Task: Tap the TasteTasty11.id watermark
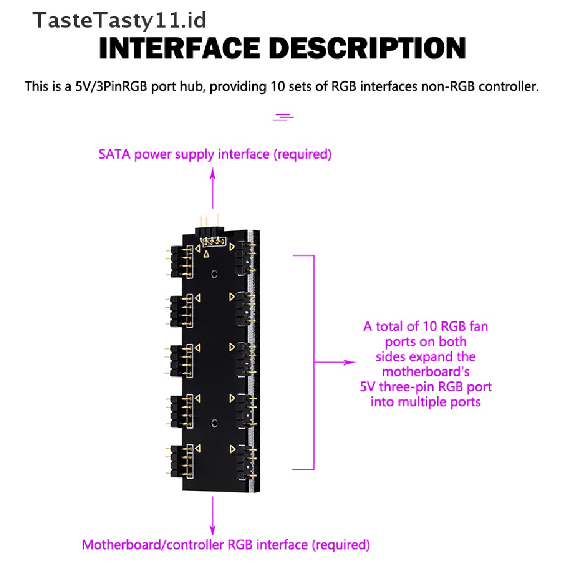pyautogui.click(x=120, y=20)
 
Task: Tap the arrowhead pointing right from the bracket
pyautogui.click(x=348, y=363)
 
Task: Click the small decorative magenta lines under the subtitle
pyautogui.click(x=284, y=116)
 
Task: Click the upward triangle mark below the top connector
pyautogui.click(x=206, y=254)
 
